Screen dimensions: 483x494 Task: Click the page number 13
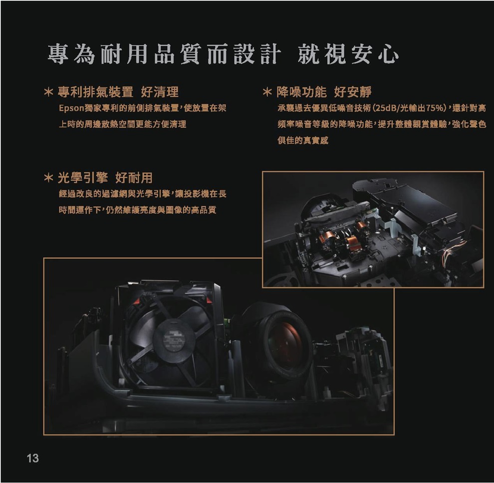(x=32, y=458)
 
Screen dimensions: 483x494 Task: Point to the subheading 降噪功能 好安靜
(x=324, y=92)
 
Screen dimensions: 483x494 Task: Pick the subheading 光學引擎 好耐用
(x=105, y=177)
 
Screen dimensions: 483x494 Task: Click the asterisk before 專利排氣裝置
(x=48, y=92)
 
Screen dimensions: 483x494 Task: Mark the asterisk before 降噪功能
(x=266, y=92)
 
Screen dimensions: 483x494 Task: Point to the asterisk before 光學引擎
(x=48, y=178)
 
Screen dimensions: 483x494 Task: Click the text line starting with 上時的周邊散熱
(x=122, y=124)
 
